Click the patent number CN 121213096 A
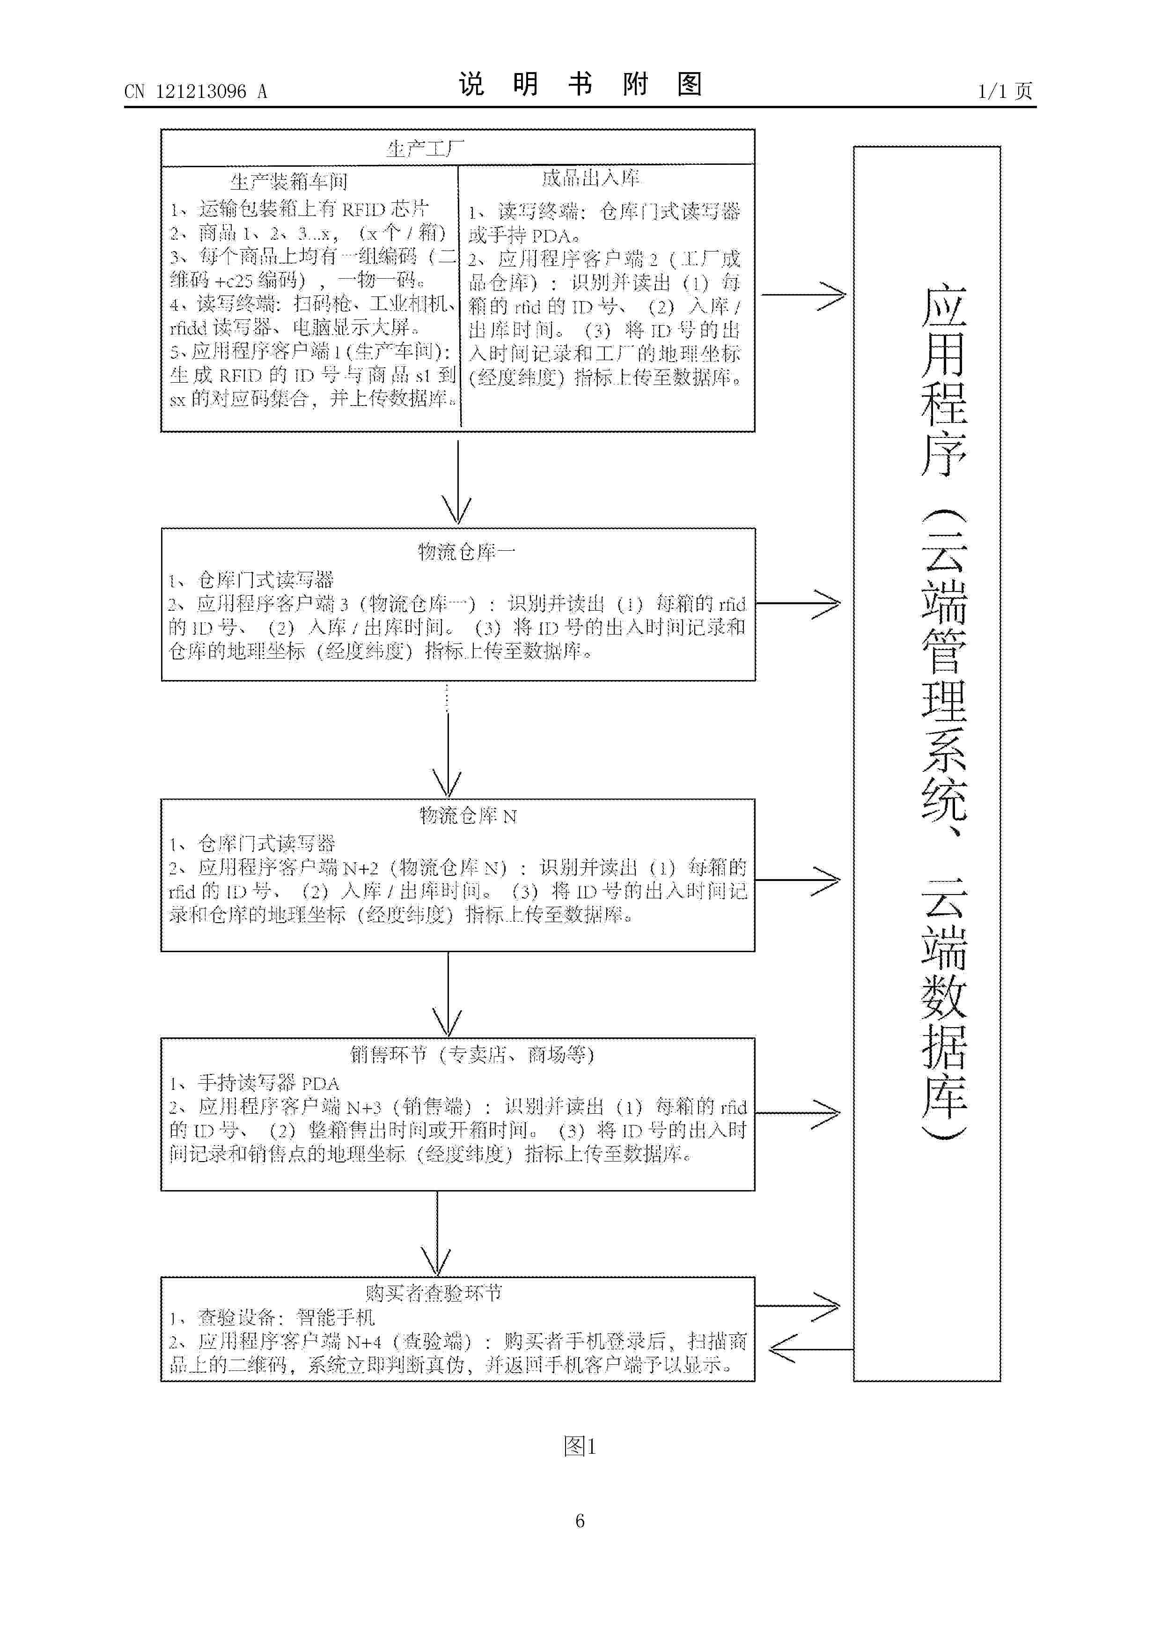click(195, 92)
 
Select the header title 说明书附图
click(580, 84)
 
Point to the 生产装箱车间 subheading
click(289, 181)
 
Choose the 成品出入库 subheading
click(590, 178)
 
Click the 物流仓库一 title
click(466, 552)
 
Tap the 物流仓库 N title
click(468, 816)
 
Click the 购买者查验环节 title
click(434, 1292)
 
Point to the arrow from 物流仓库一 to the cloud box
click(798, 604)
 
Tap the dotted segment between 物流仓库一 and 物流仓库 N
click(447, 698)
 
